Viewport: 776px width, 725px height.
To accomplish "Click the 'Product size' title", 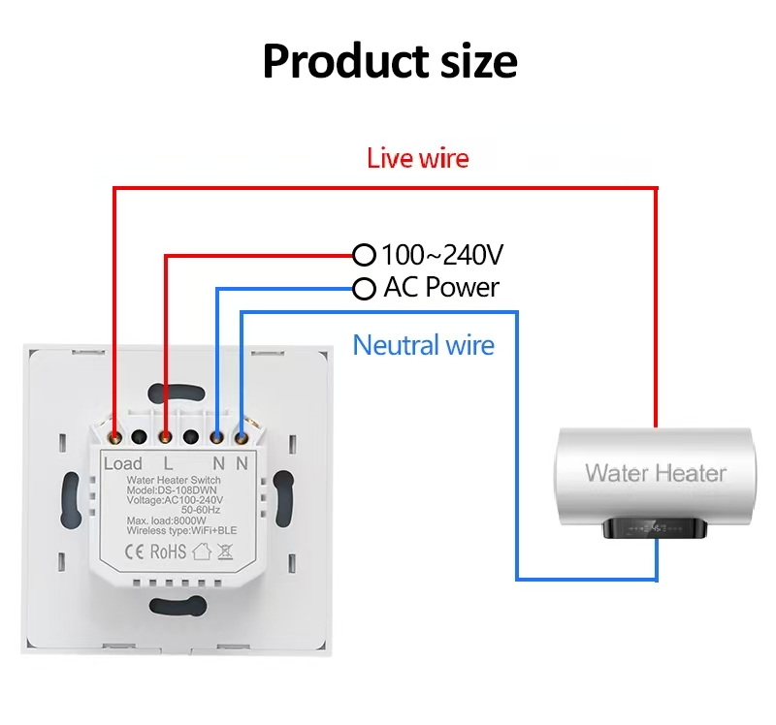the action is pos(390,61).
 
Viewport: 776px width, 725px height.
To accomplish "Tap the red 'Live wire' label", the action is pos(418,158).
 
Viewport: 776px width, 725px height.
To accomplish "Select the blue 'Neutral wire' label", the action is pos(424,345).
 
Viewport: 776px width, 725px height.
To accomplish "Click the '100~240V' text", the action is pos(442,255).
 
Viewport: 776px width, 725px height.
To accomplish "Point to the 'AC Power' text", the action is pos(441,287).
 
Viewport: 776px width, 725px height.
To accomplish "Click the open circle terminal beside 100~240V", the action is pos(365,255).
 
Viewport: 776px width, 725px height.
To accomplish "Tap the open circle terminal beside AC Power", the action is pos(365,288).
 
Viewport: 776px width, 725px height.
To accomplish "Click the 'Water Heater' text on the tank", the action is pos(656,473).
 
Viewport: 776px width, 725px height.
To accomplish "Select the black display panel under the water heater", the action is pos(655,528).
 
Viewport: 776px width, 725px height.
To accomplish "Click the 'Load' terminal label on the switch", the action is pos(123,464).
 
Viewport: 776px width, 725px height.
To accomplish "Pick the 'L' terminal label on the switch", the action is pos(168,464).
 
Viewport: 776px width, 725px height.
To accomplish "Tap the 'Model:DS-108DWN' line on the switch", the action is pos(172,490).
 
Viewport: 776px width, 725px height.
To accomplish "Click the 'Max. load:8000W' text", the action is pos(166,520).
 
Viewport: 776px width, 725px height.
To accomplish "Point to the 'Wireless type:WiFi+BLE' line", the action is pos(181,530).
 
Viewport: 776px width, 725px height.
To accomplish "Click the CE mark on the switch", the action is pos(134,552).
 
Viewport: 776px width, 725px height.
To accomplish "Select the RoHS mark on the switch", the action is pos(168,552).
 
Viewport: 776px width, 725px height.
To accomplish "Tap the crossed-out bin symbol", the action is pos(225,552).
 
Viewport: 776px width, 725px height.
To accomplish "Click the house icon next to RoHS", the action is pos(202,552).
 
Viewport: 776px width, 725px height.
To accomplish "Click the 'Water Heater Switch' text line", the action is pos(174,480).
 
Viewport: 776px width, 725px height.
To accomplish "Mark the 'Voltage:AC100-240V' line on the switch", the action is pos(175,500).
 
